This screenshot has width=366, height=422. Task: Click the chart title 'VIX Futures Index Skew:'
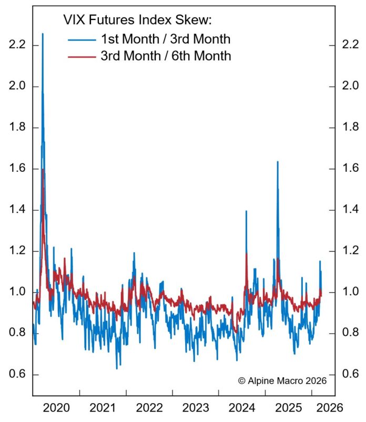coord(137,21)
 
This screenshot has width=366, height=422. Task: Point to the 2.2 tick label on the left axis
coord(17,45)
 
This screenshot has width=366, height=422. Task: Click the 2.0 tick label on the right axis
coord(351,86)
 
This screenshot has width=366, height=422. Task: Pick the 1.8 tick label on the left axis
coord(17,127)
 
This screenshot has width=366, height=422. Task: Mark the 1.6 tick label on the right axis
coord(351,168)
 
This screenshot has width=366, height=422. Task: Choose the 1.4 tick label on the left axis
coord(17,210)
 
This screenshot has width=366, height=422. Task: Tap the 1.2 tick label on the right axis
coord(351,251)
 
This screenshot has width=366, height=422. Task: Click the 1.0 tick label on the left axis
coord(17,292)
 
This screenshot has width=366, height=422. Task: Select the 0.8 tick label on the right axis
coord(351,333)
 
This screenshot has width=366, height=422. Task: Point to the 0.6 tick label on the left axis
coord(17,375)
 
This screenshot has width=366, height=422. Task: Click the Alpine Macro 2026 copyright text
coord(282,380)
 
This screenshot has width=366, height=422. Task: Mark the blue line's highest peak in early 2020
coord(43,34)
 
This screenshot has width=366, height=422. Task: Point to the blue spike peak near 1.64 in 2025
coord(277,162)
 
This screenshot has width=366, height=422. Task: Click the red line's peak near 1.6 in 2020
coord(43,170)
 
